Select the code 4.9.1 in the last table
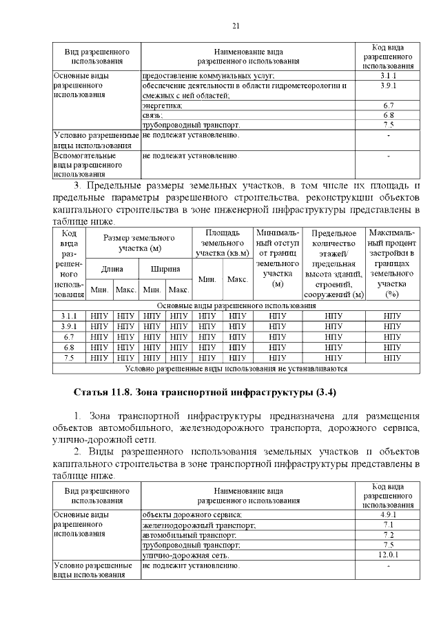tap(388, 515)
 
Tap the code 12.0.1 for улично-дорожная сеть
tap(388, 554)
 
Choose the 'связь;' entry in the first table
tap(152, 115)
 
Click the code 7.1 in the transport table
tap(388, 525)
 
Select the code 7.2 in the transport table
tap(388, 534)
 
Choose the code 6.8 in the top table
tap(388, 115)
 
